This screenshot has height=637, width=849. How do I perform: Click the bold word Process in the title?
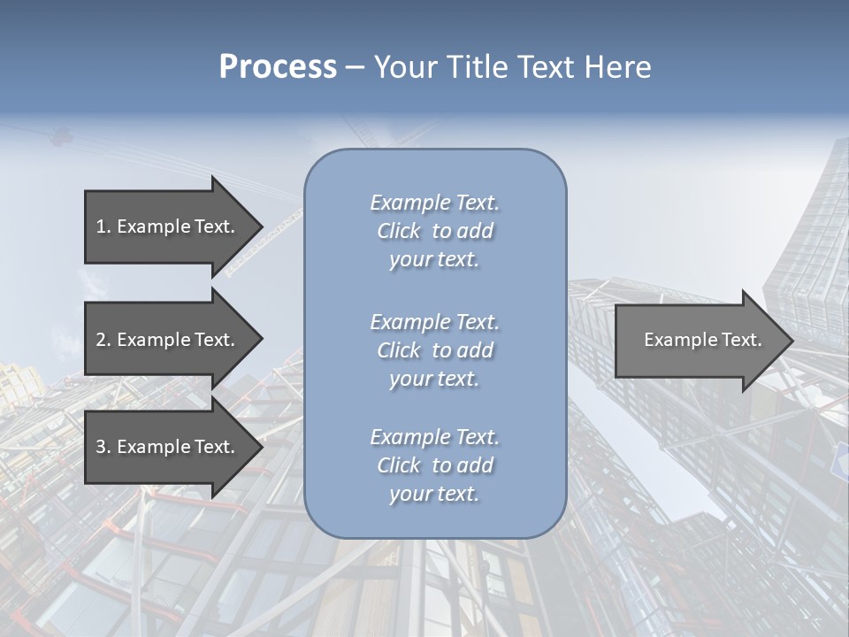pos(278,67)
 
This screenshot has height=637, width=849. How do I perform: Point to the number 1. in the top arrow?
pos(103,226)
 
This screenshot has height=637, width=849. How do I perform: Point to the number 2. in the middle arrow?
pos(103,340)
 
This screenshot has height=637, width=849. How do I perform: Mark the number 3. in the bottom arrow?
pos(103,447)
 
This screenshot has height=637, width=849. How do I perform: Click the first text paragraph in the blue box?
pos(434,231)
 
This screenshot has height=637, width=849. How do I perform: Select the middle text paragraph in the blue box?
pos(434,350)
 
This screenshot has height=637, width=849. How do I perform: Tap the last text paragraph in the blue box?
pos(434,465)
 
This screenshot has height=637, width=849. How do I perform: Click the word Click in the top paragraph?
pos(399,232)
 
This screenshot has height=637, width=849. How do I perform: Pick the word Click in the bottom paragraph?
pos(399,466)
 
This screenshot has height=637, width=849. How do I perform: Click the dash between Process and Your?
pos(355,67)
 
